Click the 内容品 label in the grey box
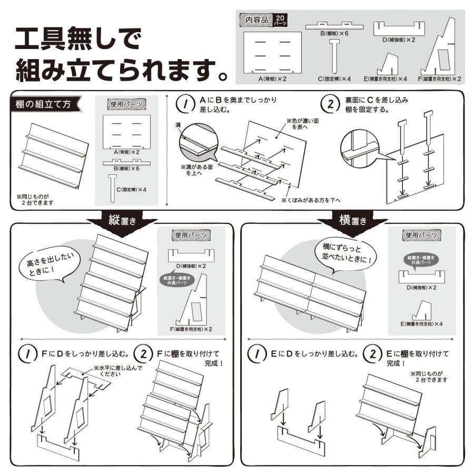[256, 19]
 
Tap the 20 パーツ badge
[280, 20]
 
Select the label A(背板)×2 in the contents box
[272, 78]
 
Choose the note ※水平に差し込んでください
[117, 371]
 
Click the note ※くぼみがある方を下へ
[311, 200]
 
